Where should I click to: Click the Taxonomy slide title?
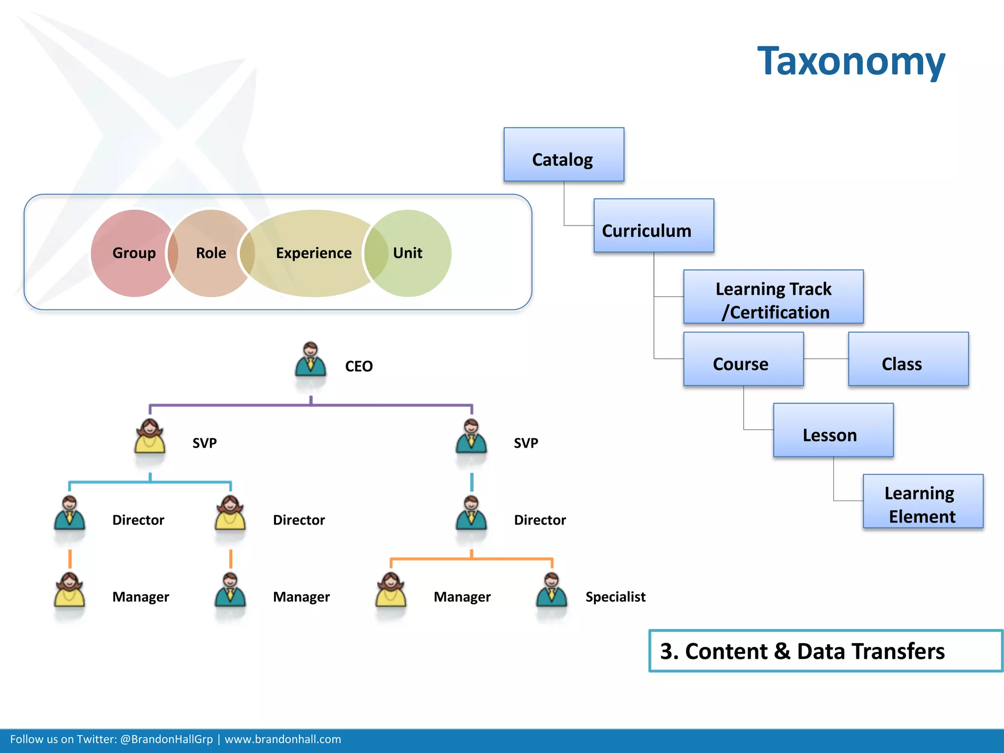[x=851, y=61]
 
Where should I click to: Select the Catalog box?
[x=564, y=155]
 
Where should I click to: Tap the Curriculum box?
[x=653, y=226]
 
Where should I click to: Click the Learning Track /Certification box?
[x=773, y=297]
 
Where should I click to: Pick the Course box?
[x=743, y=359]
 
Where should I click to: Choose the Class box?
[x=908, y=359]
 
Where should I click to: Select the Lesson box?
[x=833, y=430]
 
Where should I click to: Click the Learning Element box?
[x=923, y=502]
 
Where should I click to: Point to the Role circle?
[x=211, y=253]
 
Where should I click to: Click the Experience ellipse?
[x=314, y=253]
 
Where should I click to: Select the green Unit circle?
[x=412, y=253]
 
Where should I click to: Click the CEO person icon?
[x=310, y=360]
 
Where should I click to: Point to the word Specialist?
[x=615, y=597]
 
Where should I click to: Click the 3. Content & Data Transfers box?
[x=826, y=651]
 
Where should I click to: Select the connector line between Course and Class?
[x=826, y=359]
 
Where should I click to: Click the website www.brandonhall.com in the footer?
[x=283, y=739]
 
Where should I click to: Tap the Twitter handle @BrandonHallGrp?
[x=167, y=739]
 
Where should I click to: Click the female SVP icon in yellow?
[x=150, y=437]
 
